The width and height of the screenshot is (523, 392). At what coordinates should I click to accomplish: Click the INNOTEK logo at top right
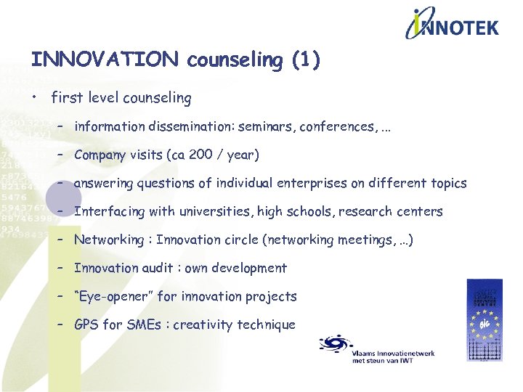point(452,25)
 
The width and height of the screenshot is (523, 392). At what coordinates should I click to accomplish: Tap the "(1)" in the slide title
point(305,60)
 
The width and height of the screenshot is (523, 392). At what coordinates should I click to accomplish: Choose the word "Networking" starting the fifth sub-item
point(109,240)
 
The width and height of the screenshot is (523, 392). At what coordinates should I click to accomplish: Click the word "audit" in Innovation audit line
point(159,268)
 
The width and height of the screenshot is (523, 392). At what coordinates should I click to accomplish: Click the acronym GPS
point(86,324)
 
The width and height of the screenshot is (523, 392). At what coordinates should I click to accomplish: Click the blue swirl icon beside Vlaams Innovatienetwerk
point(334,343)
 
